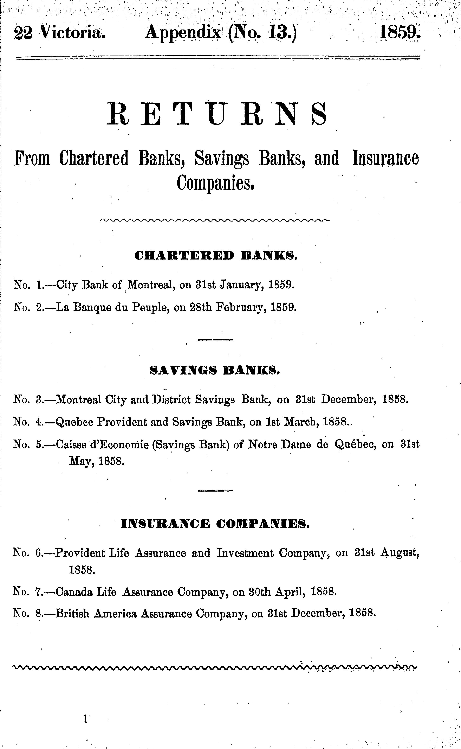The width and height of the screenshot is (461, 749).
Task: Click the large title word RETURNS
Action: (x=217, y=115)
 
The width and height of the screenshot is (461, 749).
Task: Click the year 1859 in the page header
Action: (x=400, y=32)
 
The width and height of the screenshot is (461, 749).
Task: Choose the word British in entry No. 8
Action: (x=73, y=613)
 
